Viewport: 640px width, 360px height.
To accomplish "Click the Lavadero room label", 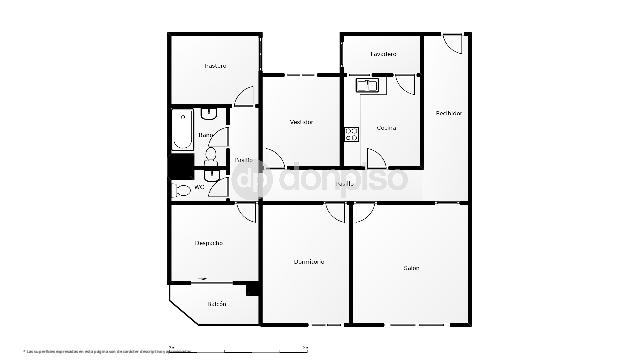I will point(383,54).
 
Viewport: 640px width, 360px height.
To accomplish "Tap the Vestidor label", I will point(301,122).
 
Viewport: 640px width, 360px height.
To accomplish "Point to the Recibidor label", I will point(449,113).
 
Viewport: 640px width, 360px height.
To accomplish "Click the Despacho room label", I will point(208,243).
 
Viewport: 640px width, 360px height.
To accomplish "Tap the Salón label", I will point(411,267).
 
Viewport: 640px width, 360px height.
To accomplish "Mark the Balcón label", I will point(217,304).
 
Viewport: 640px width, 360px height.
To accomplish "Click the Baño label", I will point(205,134).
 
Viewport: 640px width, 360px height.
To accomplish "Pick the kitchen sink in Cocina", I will point(367,86).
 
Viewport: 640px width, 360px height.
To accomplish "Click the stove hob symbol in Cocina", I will point(352,134).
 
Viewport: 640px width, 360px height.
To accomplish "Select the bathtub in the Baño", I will point(182,130).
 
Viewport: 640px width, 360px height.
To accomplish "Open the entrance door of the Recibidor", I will point(453,44).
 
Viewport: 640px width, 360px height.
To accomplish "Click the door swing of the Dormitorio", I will point(335,212).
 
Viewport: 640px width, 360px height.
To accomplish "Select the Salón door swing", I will point(364,212).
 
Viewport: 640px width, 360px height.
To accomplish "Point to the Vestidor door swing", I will point(274,158).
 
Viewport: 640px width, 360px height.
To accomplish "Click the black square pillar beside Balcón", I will point(253,289).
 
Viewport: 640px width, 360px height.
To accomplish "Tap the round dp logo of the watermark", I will point(252,180).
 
